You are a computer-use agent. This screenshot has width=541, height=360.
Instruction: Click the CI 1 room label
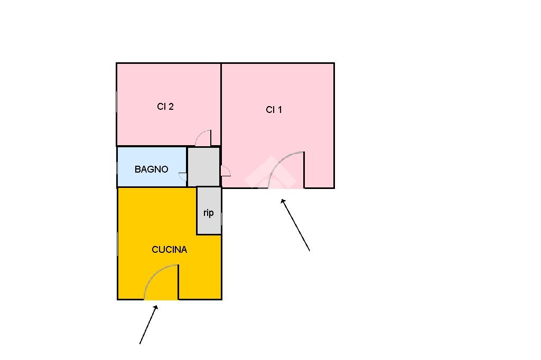click(x=274, y=110)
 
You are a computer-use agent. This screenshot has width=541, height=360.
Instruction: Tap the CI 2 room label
click(x=165, y=107)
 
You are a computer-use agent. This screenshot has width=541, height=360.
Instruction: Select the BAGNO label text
click(x=151, y=169)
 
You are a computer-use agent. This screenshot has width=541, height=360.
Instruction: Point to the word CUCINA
click(x=170, y=249)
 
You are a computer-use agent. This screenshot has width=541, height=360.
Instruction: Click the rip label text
click(x=208, y=213)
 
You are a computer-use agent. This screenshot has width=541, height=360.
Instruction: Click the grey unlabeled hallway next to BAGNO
click(x=203, y=167)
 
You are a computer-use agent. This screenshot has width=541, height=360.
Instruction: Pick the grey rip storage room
click(x=209, y=211)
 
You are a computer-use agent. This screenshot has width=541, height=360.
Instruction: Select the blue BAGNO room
click(x=152, y=167)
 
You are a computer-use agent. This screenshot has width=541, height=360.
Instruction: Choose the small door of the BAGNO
click(x=182, y=176)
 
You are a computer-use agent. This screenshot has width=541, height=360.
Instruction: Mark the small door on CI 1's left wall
click(x=226, y=171)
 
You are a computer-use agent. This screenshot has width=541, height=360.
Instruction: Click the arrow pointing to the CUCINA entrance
click(x=148, y=325)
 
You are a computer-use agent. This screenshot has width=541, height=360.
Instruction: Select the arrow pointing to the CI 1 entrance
click(x=295, y=225)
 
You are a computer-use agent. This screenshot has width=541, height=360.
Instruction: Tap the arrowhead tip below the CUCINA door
click(x=157, y=306)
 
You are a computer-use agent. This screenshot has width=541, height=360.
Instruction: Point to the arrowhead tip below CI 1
click(x=282, y=200)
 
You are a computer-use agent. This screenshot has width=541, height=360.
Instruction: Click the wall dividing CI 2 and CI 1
click(x=221, y=105)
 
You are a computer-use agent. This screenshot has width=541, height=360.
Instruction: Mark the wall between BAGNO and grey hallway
click(x=187, y=167)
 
